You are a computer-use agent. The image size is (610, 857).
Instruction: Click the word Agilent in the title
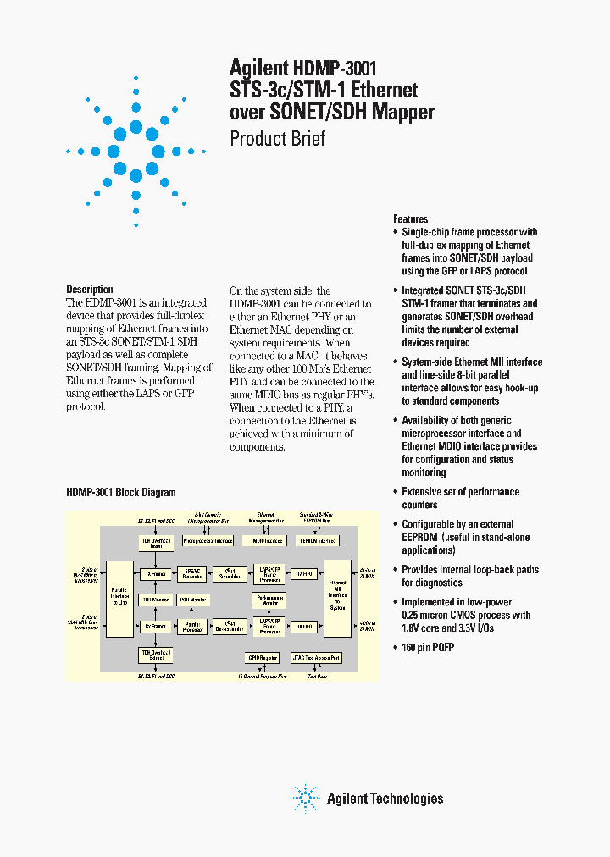coord(259,68)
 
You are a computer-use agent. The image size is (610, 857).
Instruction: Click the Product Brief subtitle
coord(278,139)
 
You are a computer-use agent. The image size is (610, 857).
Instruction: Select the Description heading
coord(90,290)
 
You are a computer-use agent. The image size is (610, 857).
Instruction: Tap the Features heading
coord(411,218)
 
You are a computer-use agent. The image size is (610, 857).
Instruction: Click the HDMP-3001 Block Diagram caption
coord(121,492)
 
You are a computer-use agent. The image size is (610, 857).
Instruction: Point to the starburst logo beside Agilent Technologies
coord(303,798)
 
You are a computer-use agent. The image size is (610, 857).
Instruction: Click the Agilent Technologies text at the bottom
coord(385,799)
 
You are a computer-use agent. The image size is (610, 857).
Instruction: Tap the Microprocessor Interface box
coord(207,540)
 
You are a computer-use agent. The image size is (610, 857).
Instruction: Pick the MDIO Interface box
coord(263,540)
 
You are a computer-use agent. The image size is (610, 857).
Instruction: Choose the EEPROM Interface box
coord(319,540)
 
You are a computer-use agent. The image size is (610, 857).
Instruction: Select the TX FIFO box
coord(306,573)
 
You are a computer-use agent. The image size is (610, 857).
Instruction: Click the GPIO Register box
coord(262,657)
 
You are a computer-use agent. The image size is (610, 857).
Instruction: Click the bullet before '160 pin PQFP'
coord(396,647)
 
